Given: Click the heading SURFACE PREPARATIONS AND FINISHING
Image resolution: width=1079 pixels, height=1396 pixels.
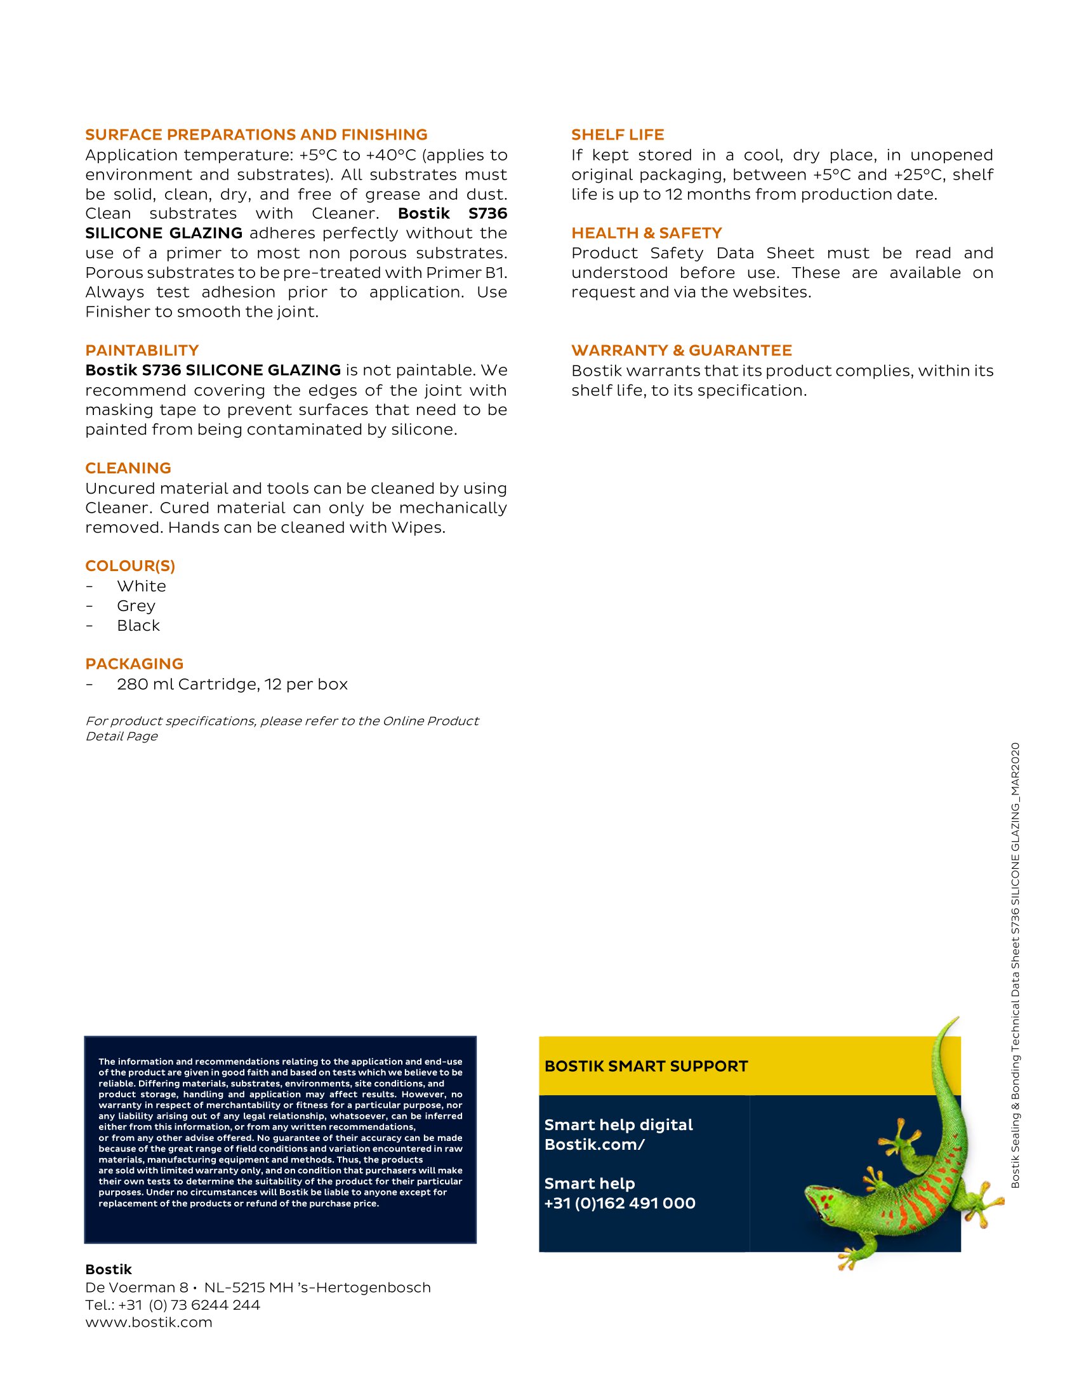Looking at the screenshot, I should [256, 135].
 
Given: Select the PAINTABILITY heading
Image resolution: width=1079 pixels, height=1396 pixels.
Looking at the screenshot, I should [142, 350].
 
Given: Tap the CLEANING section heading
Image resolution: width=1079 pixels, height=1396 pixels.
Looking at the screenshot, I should [128, 468].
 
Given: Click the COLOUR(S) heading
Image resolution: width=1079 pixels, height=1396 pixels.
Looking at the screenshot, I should [129, 565].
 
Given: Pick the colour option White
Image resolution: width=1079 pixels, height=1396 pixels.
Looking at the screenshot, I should [142, 586].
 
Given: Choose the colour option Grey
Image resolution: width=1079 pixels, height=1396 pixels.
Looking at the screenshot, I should [136, 606].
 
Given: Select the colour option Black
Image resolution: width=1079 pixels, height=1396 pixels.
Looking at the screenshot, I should [138, 626].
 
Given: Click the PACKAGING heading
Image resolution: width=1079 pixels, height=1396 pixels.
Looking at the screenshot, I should [134, 664].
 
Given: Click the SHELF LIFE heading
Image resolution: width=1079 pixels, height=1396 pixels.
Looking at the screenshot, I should [618, 135].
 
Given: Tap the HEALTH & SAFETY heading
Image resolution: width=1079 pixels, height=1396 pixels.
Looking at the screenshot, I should [646, 234].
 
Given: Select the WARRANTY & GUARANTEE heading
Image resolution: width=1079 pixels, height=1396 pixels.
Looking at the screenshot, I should [682, 350].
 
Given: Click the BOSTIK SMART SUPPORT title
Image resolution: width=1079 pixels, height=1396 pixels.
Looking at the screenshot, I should [645, 1066].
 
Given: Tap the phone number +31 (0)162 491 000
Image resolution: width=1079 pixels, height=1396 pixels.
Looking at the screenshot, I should [619, 1204].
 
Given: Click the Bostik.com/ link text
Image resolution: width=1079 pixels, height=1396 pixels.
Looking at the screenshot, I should [595, 1145].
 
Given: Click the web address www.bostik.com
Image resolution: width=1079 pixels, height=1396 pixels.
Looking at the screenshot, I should [149, 1322].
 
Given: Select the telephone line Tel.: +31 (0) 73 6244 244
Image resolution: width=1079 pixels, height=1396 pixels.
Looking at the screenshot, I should [173, 1305].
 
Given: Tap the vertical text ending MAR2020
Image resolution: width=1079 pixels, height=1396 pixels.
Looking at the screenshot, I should [1015, 965].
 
